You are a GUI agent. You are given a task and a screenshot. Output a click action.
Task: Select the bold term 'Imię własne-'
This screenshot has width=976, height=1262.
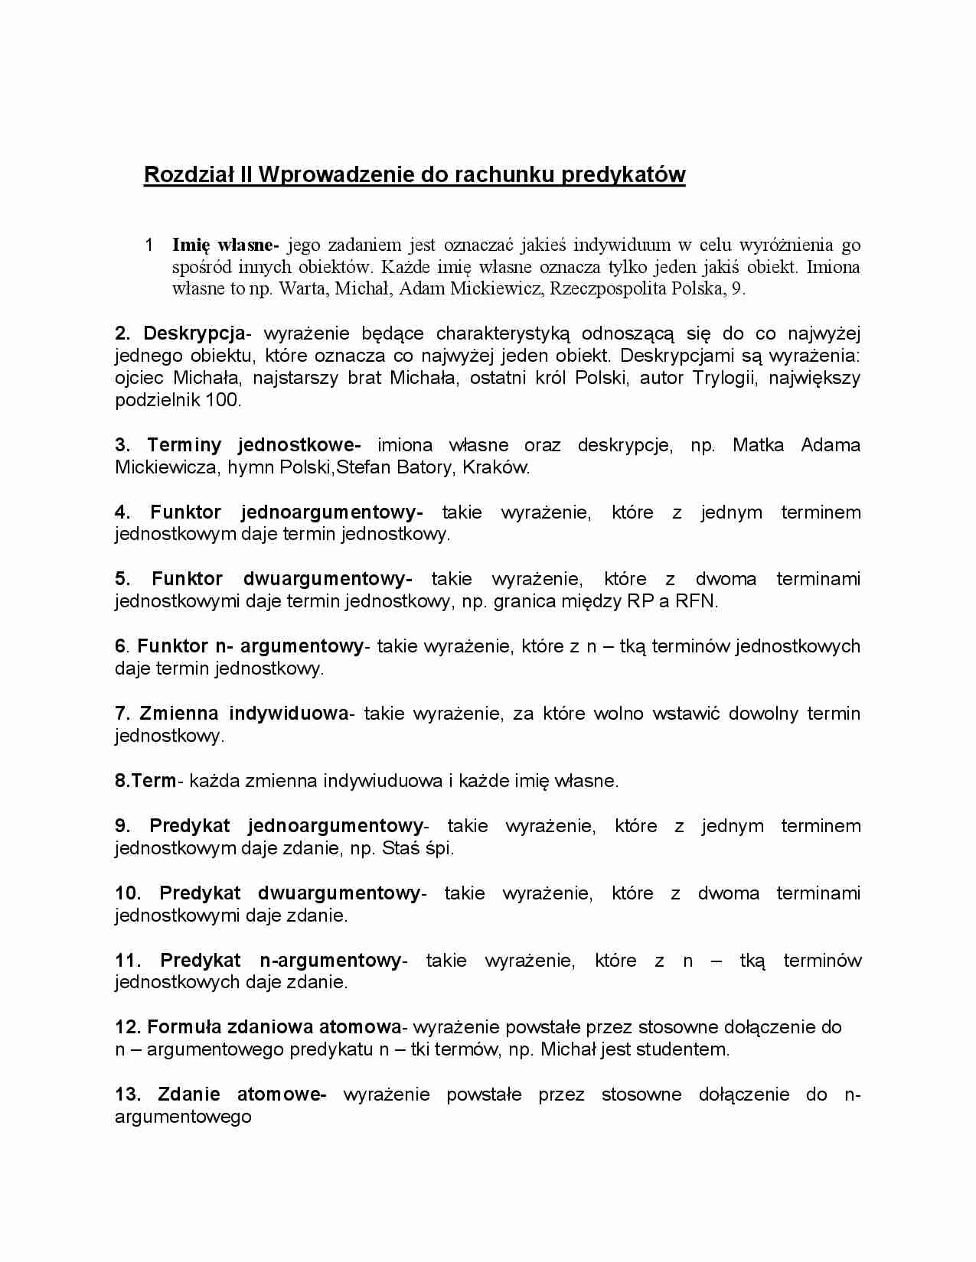coord(225,245)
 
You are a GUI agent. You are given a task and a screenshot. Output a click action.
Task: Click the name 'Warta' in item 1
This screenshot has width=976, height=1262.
coord(297,288)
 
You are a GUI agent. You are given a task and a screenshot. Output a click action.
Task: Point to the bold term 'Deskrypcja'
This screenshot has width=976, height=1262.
coord(194,333)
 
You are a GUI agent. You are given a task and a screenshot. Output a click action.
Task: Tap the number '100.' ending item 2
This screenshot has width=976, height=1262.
coord(222,399)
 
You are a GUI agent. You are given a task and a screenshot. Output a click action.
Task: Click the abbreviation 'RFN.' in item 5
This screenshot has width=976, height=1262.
coord(696,601)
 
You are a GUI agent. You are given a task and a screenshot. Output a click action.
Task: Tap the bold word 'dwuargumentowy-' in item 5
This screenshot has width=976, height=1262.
coord(328,579)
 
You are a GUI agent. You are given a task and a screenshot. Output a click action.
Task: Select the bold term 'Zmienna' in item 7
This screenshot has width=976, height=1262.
coord(179,714)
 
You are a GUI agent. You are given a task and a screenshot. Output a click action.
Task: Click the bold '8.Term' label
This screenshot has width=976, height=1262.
coord(145,780)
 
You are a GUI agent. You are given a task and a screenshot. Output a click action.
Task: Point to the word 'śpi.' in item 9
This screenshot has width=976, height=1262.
coord(439,847)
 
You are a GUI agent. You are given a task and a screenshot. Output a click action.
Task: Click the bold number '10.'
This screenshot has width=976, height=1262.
coord(128,893)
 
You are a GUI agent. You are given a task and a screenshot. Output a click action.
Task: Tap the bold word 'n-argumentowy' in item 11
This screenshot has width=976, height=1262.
coord(330,960)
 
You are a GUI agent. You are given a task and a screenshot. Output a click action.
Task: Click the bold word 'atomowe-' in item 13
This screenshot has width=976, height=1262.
coord(282,1094)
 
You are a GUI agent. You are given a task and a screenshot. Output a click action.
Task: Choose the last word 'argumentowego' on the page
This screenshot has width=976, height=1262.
coord(183,1116)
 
